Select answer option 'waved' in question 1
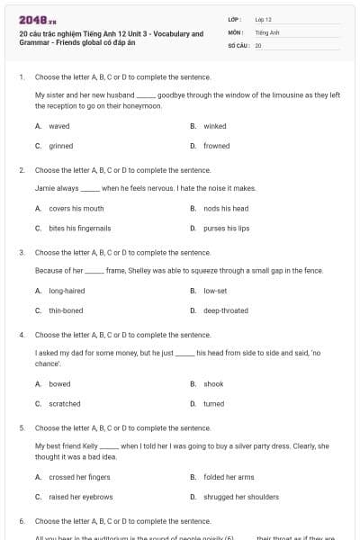[59, 126]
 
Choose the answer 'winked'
[215, 126]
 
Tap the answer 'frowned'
[216, 146]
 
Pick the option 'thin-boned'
[66, 310]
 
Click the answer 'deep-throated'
[226, 310]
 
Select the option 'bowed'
[59, 383]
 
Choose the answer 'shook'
[213, 383]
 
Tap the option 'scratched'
[65, 404]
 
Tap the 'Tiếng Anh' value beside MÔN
[267, 31]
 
